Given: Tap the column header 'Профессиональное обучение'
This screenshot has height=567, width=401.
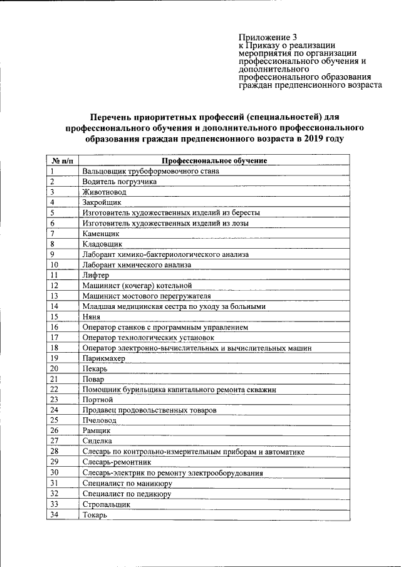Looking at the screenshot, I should (x=214, y=160).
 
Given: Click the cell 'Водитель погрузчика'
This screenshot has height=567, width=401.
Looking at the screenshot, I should (x=119, y=181).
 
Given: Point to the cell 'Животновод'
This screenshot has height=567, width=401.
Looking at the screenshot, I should (x=104, y=192).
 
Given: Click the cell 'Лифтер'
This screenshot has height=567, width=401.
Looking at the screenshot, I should (x=95, y=275).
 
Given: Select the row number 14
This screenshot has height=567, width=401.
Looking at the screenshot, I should (x=55, y=306).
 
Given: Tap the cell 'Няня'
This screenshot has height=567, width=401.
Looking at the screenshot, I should (x=91, y=316).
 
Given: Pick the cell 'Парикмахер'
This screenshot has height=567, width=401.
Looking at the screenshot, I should (x=103, y=358).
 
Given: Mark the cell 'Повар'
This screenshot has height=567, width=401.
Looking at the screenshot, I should (x=93, y=379).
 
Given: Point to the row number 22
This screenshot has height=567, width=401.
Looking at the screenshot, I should (x=55, y=389).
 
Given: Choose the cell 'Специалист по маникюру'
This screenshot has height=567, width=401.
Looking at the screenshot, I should (x=127, y=483).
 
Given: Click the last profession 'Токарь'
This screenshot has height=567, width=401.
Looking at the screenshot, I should (x=95, y=514).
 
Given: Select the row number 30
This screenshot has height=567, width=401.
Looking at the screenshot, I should (x=55, y=472).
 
